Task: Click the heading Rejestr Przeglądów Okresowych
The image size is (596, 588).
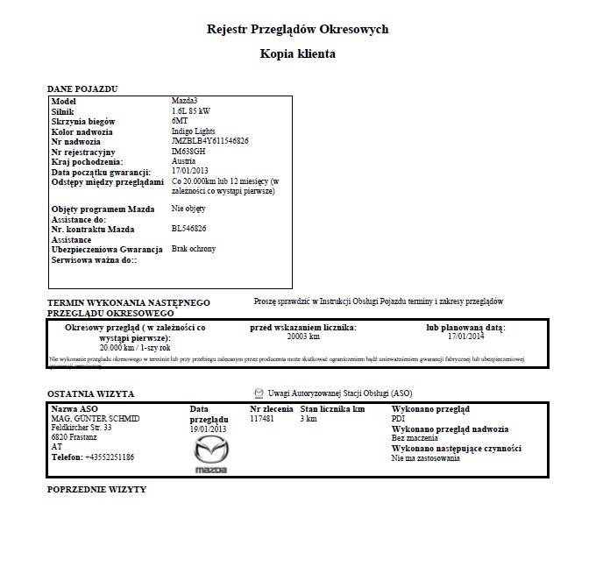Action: click(297, 29)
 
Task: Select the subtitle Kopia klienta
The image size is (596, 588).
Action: click(297, 53)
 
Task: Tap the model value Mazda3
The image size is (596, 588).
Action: click(185, 103)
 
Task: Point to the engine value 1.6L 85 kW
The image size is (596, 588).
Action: click(191, 112)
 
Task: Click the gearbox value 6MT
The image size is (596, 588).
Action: click(180, 122)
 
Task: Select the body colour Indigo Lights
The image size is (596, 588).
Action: click(195, 131)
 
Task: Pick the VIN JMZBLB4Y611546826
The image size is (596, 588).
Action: click(209, 141)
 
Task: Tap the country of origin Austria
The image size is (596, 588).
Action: click(183, 161)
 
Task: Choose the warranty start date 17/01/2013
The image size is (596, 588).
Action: click(190, 171)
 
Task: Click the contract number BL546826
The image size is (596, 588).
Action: click(189, 229)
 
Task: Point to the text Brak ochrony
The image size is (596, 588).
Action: click(194, 249)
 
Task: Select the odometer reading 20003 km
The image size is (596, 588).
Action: click(303, 336)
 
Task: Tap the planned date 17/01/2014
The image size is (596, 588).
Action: click(465, 336)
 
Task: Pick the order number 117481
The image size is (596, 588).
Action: click(262, 419)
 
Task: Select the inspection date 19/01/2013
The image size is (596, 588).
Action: click(208, 429)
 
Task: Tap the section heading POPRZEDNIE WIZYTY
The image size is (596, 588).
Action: click(96, 489)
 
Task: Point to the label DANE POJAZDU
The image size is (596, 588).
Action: click(82, 89)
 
